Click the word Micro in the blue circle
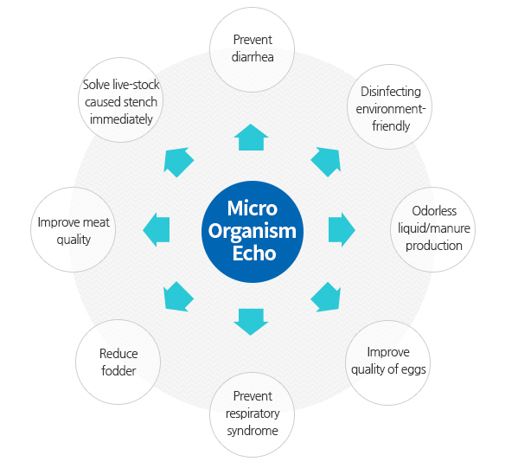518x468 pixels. tap(252, 208)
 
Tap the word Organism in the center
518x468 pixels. tap(252, 231)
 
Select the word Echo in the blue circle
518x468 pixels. tap(254, 253)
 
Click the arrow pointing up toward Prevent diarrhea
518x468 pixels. tap(251, 138)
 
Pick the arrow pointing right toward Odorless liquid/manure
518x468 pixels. tap(342, 230)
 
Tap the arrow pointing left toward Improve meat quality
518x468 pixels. tap(157, 230)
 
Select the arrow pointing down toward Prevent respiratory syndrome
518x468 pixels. tap(251, 322)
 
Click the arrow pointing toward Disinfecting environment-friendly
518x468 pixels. tap(326, 162)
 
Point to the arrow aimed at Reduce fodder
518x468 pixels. tap(178, 297)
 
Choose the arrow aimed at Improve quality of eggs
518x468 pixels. tap(326, 297)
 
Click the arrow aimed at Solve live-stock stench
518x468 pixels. tap(178, 162)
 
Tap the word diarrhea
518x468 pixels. tap(253, 57)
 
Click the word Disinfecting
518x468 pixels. tap(391, 92)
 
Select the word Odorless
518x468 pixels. tap(434, 211)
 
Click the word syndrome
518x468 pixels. tap(253, 431)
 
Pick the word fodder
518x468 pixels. tap(118, 371)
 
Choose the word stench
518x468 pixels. tap(138, 102)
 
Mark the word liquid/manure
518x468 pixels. tap(434, 228)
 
